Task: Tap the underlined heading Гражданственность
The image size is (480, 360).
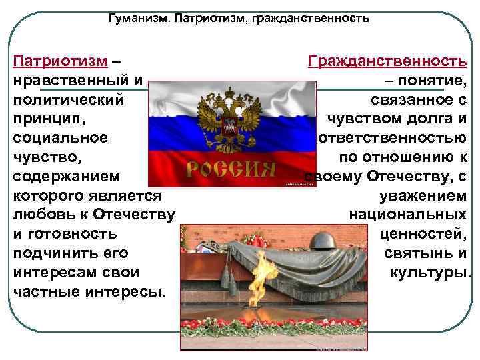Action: pyautogui.click(x=387, y=61)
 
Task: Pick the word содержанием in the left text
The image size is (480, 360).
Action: pyautogui.click(x=67, y=177)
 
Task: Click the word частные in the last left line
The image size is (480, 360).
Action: pyautogui.click(x=43, y=293)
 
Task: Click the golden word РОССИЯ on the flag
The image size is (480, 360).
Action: pyautogui.click(x=231, y=169)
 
